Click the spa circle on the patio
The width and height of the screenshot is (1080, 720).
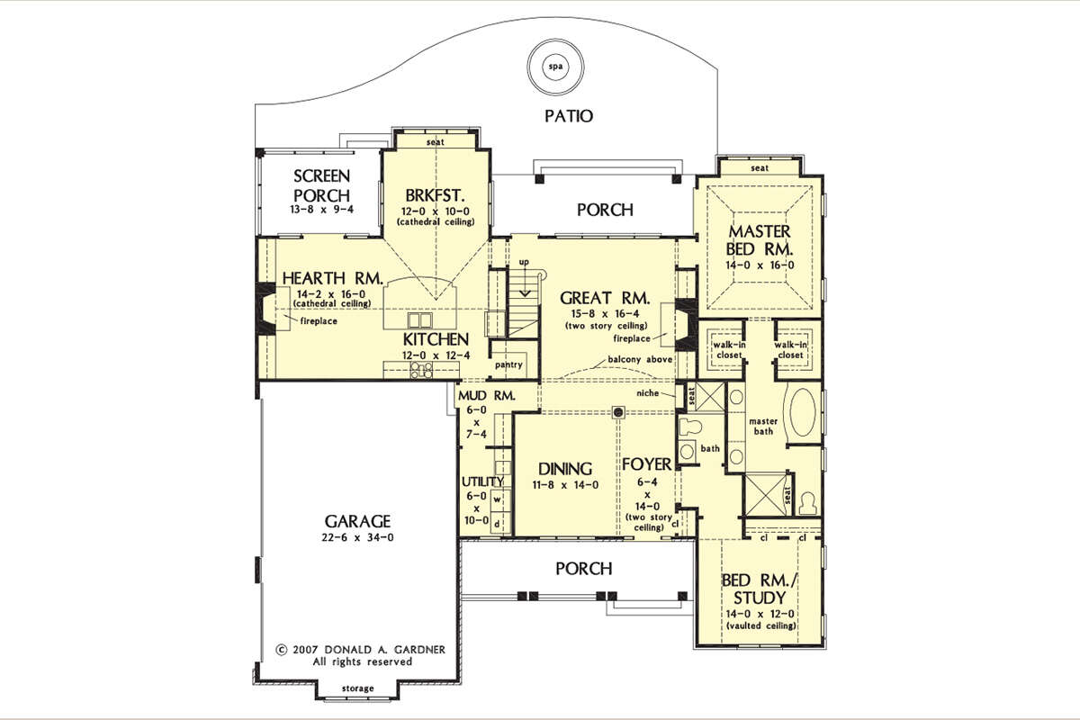point(555,67)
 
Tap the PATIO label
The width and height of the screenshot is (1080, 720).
point(569,116)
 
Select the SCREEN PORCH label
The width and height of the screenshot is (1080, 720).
point(321,185)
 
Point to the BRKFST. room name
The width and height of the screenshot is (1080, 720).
point(435,195)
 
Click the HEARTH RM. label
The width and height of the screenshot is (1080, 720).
point(333,278)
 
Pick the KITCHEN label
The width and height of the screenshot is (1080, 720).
point(436,339)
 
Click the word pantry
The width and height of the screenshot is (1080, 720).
point(508,365)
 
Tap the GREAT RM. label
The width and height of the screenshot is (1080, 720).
point(605,298)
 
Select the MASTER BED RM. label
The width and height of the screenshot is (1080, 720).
point(760,240)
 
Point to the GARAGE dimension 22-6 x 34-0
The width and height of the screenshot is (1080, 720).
point(357,537)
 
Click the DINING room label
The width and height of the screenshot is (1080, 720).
point(565,469)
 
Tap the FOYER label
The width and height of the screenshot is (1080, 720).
point(646,464)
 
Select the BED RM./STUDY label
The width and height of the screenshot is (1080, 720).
point(760,589)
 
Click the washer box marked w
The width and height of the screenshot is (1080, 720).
point(497,499)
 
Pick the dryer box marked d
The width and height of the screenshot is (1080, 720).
point(497,523)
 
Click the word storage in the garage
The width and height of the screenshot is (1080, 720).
point(358,688)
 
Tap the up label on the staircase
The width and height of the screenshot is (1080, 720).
point(524,262)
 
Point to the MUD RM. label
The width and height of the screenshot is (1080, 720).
point(487,396)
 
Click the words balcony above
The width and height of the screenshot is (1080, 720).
point(640,359)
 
